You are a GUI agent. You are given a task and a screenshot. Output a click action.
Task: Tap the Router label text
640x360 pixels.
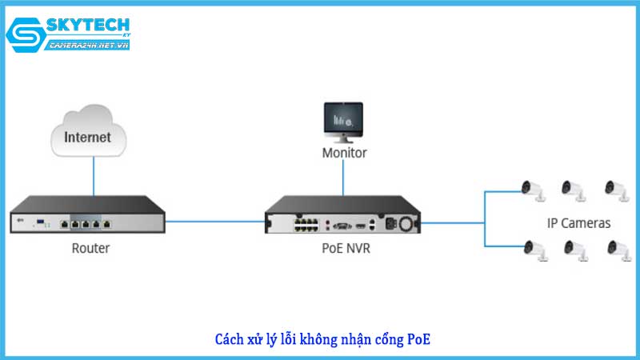pyautogui.click(x=90, y=248)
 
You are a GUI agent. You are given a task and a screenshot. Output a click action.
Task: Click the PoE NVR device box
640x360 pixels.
pyautogui.click(x=343, y=217)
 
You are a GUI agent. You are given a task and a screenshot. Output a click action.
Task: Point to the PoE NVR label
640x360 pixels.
pyautogui.click(x=343, y=248)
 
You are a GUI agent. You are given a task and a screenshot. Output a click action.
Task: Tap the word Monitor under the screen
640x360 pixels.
pyautogui.click(x=344, y=152)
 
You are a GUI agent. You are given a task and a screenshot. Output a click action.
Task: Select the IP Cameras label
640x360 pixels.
pyautogui.click(x=578, y=223)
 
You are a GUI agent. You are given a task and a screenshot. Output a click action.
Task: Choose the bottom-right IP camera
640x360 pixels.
pyautogui.click(x=617, y=250)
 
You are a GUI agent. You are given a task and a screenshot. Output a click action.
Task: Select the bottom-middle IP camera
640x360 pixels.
pyautogui.click(x=574, y=250)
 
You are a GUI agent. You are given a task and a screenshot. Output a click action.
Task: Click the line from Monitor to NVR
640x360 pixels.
pyautogui.click(x=344, y=176)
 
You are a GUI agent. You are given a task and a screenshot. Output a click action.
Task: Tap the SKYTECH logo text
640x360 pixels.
pyautogui.click(x=88, y=26)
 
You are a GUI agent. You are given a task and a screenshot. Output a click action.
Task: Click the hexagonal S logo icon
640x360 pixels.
pyautogui.click(x=24, y=37)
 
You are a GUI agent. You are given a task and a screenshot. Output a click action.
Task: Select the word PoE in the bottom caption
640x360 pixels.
pyautogui.click(x=418, y=339)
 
